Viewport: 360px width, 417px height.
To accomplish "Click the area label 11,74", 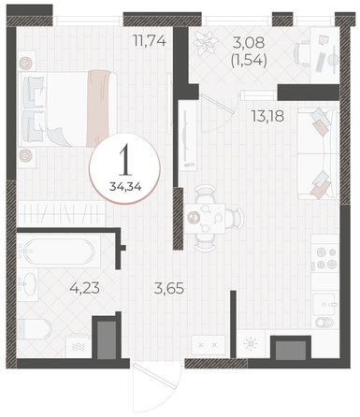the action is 150,41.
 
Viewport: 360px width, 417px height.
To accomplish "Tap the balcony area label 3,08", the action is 249,42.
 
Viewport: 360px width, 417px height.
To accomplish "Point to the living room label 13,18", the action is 267,116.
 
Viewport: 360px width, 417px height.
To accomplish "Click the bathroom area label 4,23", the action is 85,288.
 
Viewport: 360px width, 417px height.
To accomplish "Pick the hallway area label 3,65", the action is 169,288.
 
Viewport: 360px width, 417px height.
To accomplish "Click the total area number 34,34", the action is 125,187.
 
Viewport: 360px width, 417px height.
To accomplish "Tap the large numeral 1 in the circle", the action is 125,162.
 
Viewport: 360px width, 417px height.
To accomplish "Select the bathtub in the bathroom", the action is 59,251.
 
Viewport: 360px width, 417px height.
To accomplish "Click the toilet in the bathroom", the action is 35,329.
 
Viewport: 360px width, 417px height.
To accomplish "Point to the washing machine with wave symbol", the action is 78,346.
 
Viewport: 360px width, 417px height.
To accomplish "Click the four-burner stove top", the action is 325,258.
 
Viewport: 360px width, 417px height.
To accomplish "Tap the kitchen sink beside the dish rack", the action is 325,304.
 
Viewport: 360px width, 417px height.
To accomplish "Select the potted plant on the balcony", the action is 205,43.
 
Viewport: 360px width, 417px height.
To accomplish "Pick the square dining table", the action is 205,219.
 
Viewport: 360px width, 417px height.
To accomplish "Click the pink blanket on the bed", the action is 98,108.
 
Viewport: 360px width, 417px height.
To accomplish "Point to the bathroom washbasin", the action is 28,284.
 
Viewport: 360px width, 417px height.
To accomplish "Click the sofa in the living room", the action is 318,153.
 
